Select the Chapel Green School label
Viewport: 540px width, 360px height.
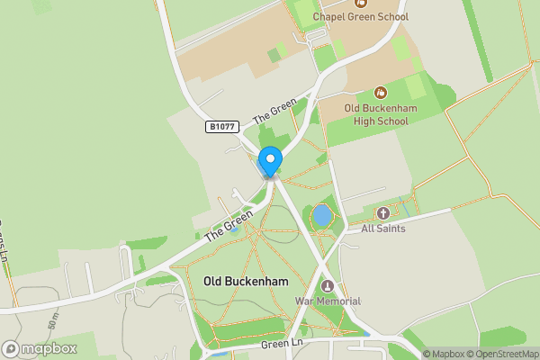(360, 17)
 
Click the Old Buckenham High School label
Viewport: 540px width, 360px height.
(376, 115)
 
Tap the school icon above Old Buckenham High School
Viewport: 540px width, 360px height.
(380, 92)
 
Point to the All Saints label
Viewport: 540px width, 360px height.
(383, 229)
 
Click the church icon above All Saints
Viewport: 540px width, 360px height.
(383, 213)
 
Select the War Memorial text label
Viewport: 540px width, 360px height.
(328, 301)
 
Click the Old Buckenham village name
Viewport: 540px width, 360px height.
(247, 282)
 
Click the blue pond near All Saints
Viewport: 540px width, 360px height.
(321, 216)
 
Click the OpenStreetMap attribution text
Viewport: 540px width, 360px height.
(504, 354)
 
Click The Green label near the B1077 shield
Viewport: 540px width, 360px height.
(274, 112)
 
